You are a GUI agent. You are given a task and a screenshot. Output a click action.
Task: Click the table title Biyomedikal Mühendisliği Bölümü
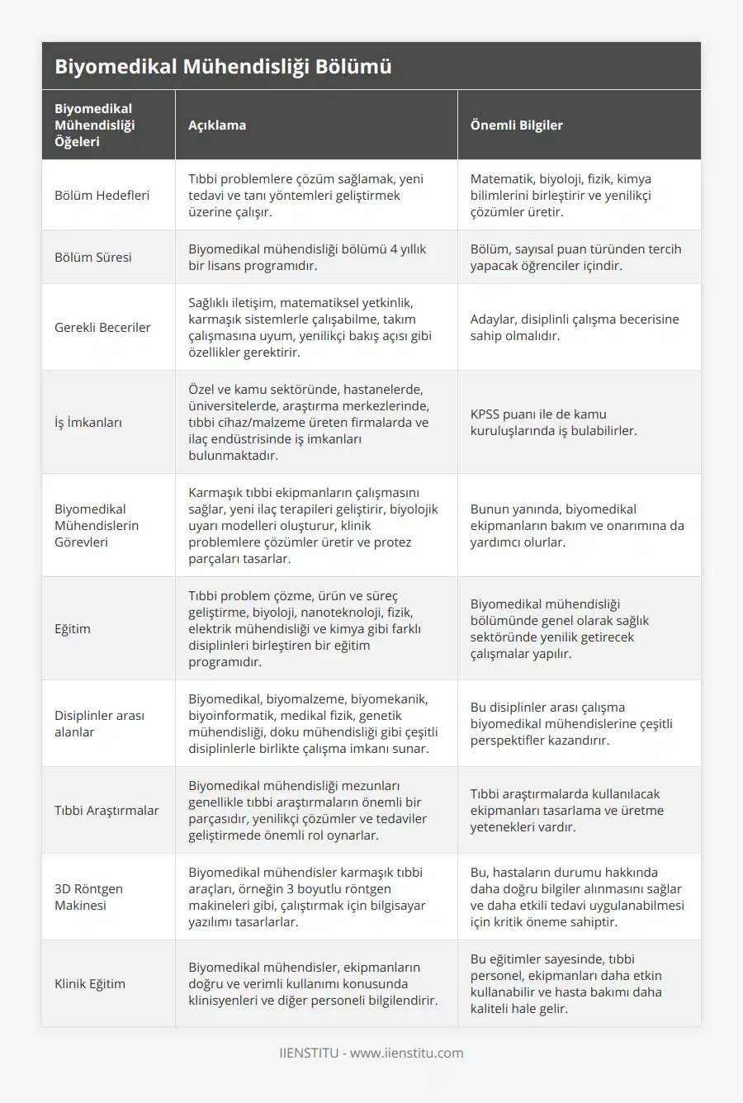point(223,67)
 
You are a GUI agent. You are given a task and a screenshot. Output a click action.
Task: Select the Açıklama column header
point(217,125)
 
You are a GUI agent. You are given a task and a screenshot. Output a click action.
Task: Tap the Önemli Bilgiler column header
point(517,125)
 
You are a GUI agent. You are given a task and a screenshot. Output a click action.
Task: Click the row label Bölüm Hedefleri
point(102,196)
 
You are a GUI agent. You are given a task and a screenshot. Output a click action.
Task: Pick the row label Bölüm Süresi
point(93,258)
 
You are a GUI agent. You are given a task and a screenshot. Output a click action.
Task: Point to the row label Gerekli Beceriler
point(102,328)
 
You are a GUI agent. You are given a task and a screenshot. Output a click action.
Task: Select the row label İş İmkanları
point(88,423)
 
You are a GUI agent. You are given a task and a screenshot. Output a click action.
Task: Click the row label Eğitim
point(73,629)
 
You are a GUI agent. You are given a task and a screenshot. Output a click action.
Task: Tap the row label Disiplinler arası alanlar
point(99,724)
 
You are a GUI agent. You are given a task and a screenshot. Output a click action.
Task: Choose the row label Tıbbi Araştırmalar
point(106,811)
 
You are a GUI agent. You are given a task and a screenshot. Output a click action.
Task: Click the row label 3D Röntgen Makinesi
point(88,897)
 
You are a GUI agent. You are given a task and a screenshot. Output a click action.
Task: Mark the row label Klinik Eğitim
point(90,984)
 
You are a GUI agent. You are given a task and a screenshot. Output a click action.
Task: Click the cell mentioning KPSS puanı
point(553,423)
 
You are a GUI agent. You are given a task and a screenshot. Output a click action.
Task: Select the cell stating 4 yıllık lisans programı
point(307,258)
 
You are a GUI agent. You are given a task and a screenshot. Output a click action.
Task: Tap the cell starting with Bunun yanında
point(577,526)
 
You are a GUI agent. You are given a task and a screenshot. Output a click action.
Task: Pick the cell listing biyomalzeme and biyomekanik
point(313,724)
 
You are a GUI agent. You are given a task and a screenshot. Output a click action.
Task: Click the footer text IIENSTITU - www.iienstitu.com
point(371,1053)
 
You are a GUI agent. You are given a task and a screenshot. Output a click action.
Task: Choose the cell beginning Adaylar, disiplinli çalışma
point(575,328)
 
